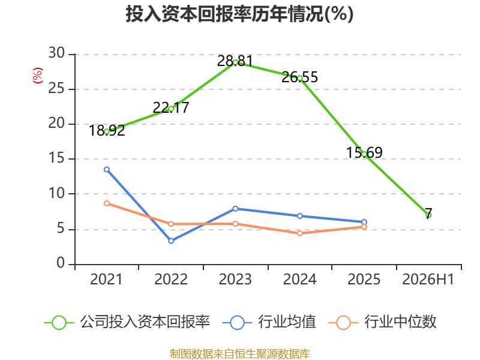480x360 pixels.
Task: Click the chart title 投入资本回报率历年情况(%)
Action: coord(239,14)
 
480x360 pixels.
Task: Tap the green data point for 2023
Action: coord(235,63)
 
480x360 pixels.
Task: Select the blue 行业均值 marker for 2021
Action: coord(107,169)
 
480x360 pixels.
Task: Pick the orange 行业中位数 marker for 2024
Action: coord(299,233)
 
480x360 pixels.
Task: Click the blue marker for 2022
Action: coord(171,241)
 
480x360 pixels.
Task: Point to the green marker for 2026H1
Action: coord(428,215)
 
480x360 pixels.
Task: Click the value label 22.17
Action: coord(171,108)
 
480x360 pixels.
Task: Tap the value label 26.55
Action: coord(299,77)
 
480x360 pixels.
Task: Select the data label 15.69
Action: coord(364,152)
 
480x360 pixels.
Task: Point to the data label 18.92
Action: coord(107,130)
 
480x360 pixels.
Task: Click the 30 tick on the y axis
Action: coord(56,53)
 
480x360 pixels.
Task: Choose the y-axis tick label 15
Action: coord(56,158)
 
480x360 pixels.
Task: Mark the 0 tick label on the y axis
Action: coord(61,263)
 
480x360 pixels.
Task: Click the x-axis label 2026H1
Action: coord(428,280)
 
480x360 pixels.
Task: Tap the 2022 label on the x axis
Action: coord(171,280)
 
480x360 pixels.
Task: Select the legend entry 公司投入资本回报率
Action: coord(127,322)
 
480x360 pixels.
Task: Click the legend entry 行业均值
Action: coord(269,322)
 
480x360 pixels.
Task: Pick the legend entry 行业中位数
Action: coord(382,322)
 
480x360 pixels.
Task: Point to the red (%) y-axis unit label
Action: coord(38,76)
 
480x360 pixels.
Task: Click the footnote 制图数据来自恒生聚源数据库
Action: coord(240,354)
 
